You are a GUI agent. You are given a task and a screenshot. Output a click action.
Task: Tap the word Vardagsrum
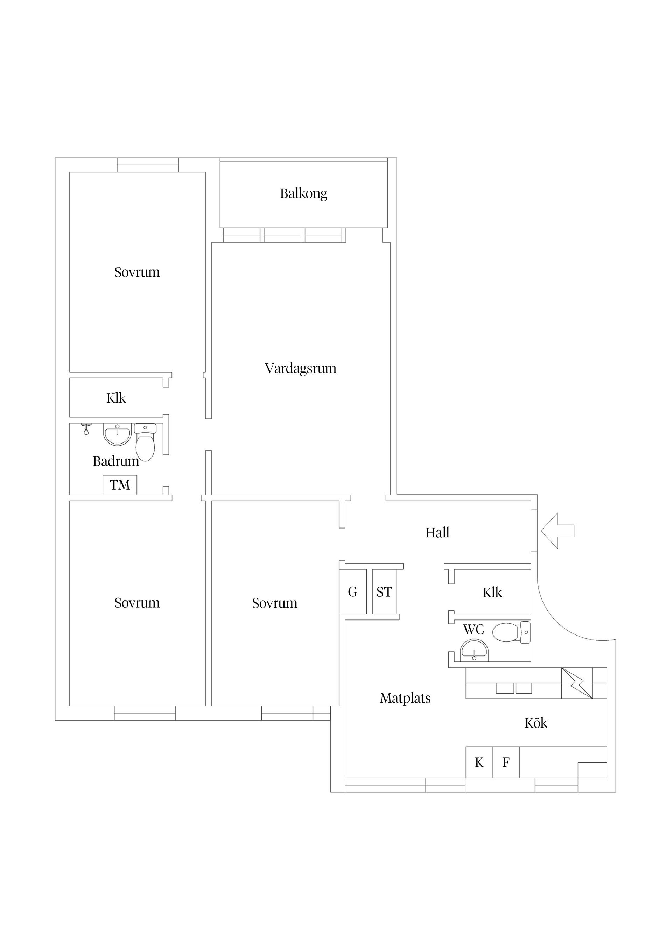[x=301, y=368]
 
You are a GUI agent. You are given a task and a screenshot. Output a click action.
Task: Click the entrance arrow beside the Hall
[x=557, y=531]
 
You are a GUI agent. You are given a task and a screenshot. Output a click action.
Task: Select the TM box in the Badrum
[x=120, y=485]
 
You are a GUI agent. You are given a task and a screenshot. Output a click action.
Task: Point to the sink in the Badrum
[x=117, y=434]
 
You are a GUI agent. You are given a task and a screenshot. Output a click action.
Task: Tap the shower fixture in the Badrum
[x=86, y=429]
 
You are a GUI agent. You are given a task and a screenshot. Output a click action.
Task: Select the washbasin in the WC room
[x=475, y=651]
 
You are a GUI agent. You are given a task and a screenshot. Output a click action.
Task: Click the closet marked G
[x=353, y=592]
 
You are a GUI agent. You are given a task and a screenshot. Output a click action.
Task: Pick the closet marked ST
[x=384, y=592]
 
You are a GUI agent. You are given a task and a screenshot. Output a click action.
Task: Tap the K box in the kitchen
[x=479, y=763]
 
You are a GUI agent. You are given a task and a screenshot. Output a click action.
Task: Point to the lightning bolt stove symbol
[x=577, y=683]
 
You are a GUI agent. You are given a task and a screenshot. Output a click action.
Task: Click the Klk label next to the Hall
[x=492, y=593]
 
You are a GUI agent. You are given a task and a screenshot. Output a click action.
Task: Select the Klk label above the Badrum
[x=116, y=398]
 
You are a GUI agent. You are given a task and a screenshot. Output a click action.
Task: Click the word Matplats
[x=405, y=699]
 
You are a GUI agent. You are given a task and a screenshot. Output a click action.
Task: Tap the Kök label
[x=536, y=723]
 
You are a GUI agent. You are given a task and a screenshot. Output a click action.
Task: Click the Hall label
[x=437, y=532]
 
